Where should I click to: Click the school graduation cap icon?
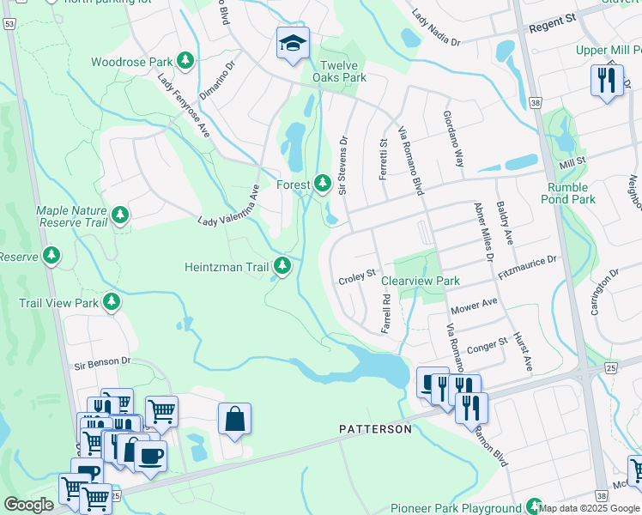[x=292, y=41]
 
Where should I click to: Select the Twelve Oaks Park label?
[x=342, y=71]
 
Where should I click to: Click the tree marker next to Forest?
[x=323, y=184]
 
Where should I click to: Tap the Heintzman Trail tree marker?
[x=282, y=267]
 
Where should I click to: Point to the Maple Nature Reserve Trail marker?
[x=120, y=215]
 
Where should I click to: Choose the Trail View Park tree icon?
[x=111, y=302]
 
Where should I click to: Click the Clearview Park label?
[x=421, y=281]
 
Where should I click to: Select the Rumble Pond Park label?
[x=568, y=193]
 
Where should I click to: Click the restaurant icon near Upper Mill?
[x=607, y=80]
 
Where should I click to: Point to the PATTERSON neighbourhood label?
[x=375, y=428]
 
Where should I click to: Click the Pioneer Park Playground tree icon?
[x=535, y=507]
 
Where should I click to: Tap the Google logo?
[x=28, y=505]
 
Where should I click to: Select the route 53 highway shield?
[x=9, y=26]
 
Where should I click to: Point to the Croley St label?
[x=358, y=276]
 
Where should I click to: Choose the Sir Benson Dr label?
[x=100, y=362]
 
